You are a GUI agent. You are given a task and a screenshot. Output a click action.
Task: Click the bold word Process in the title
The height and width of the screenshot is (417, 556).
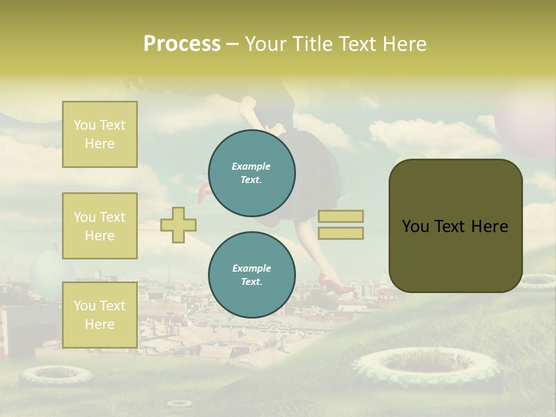click(x=182, y=44)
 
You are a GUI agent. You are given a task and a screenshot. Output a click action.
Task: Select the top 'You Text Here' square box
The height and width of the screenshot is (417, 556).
click(x=100, y=134)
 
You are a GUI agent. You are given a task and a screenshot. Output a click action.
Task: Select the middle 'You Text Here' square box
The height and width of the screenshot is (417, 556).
click(x=100, y=226)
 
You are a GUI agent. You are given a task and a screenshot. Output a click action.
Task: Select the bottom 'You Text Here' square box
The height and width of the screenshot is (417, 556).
click(x=100, y=315)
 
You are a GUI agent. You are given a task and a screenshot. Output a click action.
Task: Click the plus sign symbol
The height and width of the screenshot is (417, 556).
click(x=178, y=225)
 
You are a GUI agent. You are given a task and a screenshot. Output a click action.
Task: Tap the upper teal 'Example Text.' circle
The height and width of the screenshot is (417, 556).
click(x=252, y=173)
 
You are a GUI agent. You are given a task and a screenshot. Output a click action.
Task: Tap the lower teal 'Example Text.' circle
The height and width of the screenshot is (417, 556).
click(x=252, y=275)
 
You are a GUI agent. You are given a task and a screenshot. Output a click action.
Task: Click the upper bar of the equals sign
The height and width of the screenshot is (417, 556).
click(x=341, y=216)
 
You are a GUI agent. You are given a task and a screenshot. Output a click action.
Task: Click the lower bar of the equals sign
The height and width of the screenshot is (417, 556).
click(x=341, y=233)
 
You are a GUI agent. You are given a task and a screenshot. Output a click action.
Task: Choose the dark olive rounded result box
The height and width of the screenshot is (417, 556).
click(x=455, y=226)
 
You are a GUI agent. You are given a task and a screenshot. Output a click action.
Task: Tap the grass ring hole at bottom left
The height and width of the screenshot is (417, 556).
click(x=56, y=375)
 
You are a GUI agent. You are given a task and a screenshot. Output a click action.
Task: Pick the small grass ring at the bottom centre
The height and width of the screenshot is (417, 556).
click(x=180, y=403)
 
